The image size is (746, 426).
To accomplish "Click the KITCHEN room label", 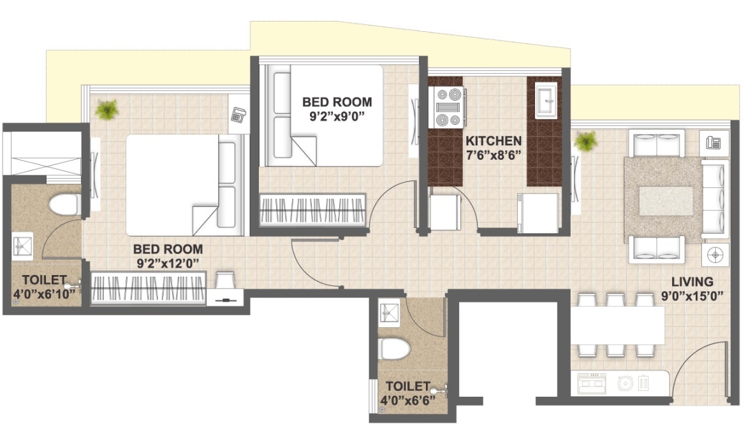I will (x=493, y=141).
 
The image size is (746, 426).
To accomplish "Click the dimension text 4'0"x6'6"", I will (x=407, y=401).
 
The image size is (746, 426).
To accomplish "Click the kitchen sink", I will (x=546, y=101).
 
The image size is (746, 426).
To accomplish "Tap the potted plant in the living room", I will (x=585, y=141).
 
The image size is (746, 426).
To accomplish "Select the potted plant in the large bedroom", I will (x=106, y=110).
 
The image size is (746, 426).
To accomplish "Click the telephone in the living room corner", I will (x=713, y=141).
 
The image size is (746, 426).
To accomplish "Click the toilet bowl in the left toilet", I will (x=63, y=205).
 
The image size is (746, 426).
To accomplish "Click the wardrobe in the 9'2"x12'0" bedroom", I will (x=149, y=288).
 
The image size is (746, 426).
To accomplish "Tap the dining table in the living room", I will (x=617, y=325).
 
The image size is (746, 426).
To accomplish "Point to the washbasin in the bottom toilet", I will (x=388, y=312).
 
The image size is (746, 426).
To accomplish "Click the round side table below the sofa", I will (x=715, y=254).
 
